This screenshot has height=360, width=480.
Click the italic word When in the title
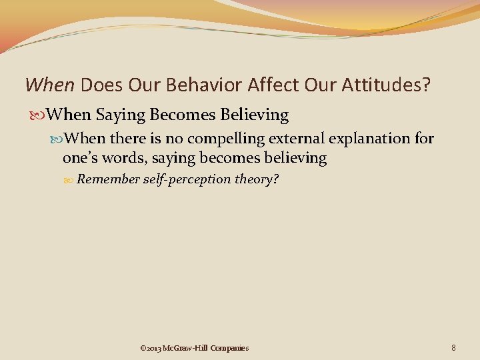(x=50, y=85)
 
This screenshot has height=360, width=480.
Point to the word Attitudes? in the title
(x=380, y=85)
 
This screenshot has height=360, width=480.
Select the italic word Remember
(x=108, y=179)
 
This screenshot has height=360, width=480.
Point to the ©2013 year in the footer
(x=150, y=347)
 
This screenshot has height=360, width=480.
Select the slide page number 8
(x=453, y=347)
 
